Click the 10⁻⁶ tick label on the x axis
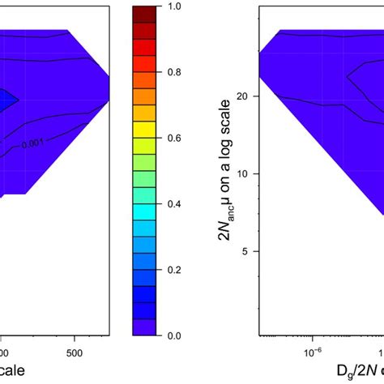point(311,352)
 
